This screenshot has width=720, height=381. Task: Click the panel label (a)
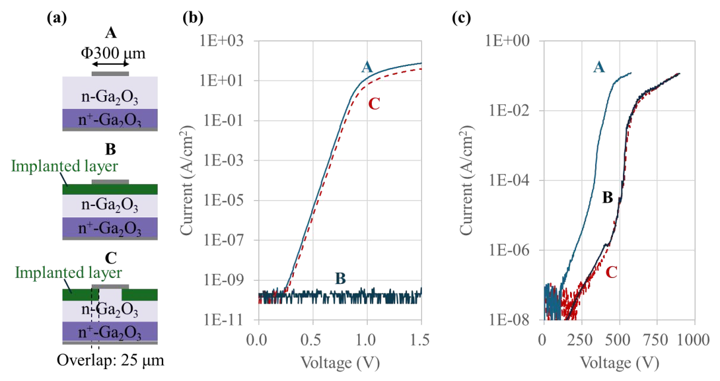[57, 18]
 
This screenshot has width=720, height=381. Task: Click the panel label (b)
[193, 18]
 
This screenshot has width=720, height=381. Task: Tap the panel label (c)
[461, 18]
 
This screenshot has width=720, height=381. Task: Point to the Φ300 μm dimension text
[113, 53]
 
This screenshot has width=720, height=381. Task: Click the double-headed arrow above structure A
[111, 64]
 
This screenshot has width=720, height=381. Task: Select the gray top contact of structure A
[110, 74]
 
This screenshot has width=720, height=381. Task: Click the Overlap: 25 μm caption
[110, 360]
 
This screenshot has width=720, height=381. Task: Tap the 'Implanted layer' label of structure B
[64, 166]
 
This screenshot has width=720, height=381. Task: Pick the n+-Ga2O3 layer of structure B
[110, 227]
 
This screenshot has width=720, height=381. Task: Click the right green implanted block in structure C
[139, 295]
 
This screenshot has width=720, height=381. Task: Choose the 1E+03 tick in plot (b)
[222, 41]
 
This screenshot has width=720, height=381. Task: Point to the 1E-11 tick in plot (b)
[223, 320]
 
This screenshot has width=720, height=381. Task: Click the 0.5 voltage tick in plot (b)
[313, 339]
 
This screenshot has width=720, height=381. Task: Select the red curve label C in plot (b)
[374, 104]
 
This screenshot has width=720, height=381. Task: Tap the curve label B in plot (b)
[340, 279]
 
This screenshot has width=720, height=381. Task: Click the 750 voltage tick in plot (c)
[656, 339]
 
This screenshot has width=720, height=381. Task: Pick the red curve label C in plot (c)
[611, 273]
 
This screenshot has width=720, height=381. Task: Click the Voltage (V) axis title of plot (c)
[619, 363]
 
